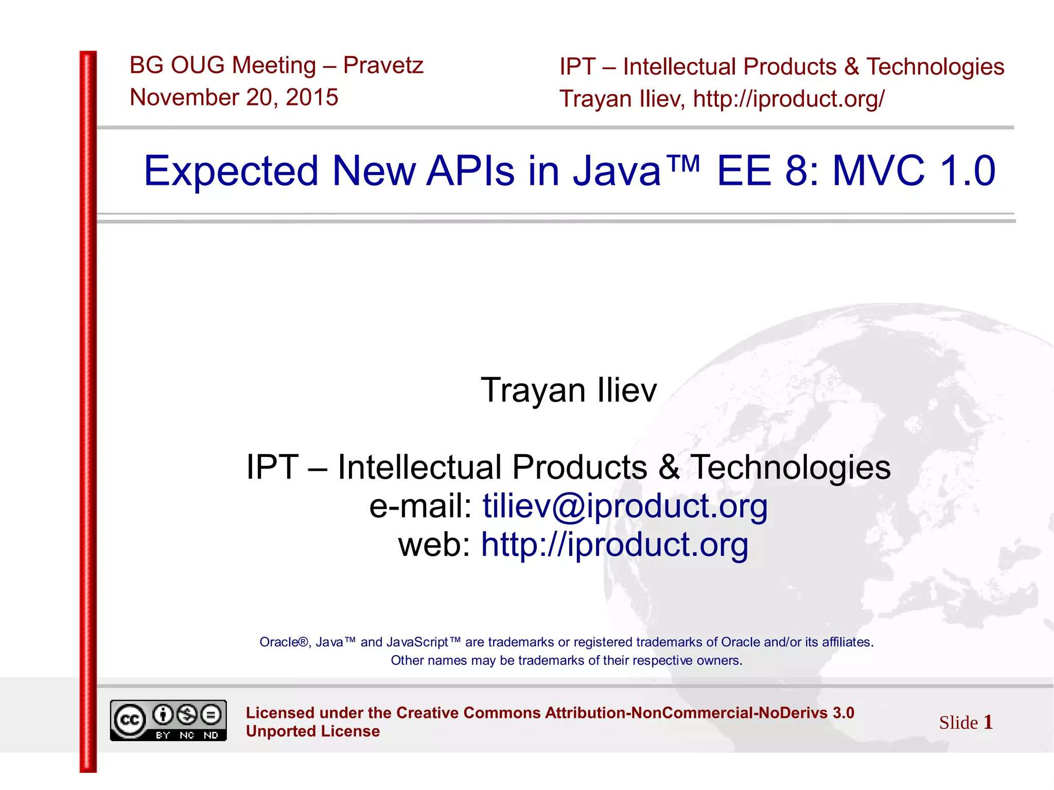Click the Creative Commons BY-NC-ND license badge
coord(168,720)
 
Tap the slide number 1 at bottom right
coord(988,722)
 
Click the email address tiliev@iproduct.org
coord(625,506)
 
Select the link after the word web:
coord(614,545)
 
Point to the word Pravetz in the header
coord(383,65)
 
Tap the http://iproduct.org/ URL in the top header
coord(788,99)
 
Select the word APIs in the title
coord(470,171)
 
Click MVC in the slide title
coord(878,171)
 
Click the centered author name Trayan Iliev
coord(569,390)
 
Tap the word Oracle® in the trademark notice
coord(284,642)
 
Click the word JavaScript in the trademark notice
coord(417,642)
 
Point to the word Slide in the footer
coord(958,723)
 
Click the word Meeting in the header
coord(273,65)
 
